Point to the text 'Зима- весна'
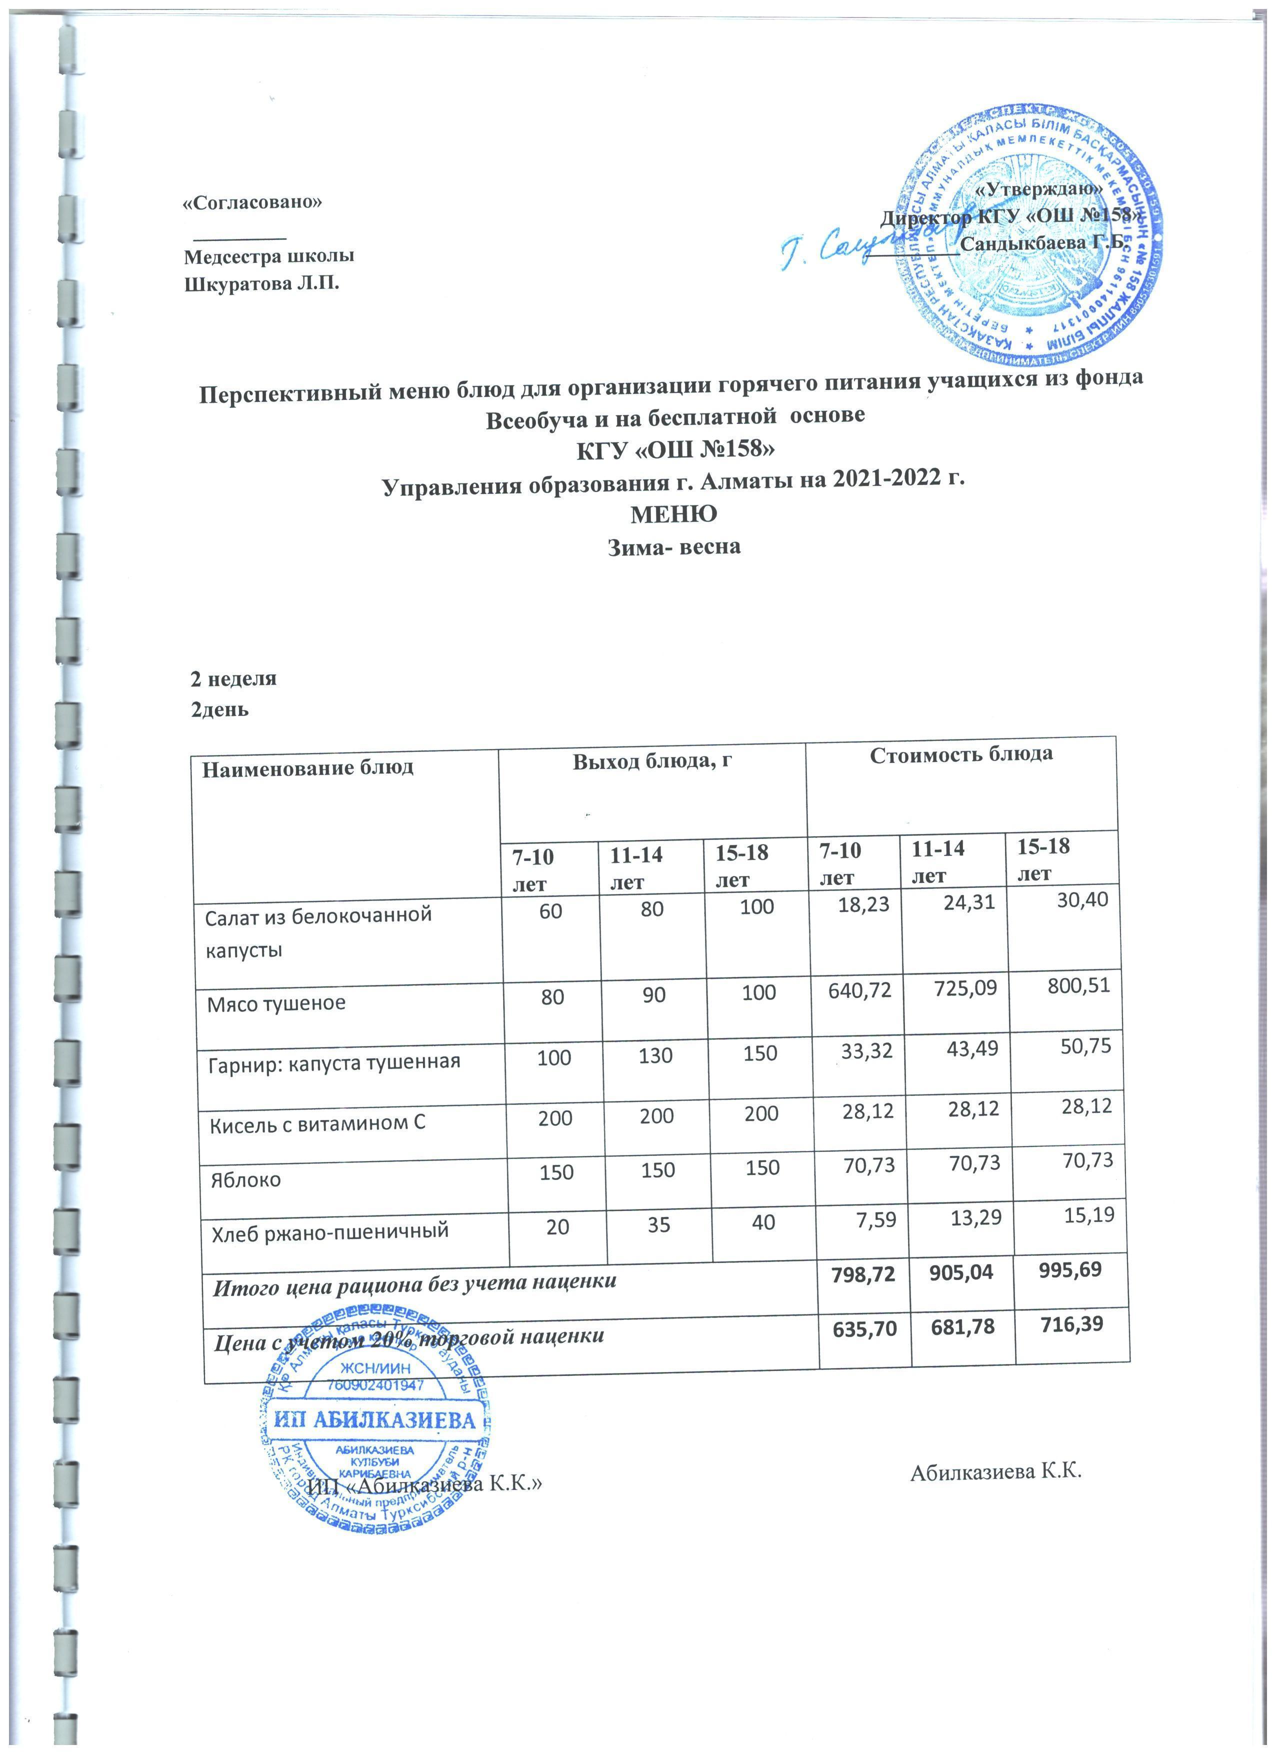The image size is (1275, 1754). tap(671, 546)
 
